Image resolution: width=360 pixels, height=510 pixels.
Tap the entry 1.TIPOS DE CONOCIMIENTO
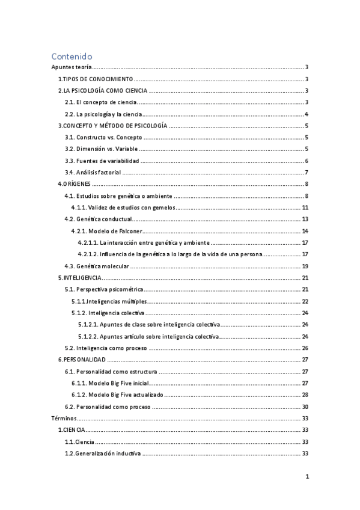point(95,79)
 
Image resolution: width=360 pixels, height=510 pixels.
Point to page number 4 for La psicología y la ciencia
point(307,114)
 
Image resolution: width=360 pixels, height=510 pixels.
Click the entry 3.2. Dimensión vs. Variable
point(102,149)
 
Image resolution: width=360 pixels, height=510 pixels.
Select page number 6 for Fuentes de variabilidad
point(307,161)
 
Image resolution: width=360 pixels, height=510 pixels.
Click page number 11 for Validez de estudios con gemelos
point(305,207)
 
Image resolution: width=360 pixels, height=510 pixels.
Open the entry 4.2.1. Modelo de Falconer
point(106,231)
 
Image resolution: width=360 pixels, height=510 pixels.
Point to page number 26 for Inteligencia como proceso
point(305,348)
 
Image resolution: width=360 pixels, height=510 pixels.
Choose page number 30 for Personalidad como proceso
point(305,406)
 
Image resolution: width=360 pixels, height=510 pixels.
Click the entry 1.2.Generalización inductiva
point(103,453)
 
